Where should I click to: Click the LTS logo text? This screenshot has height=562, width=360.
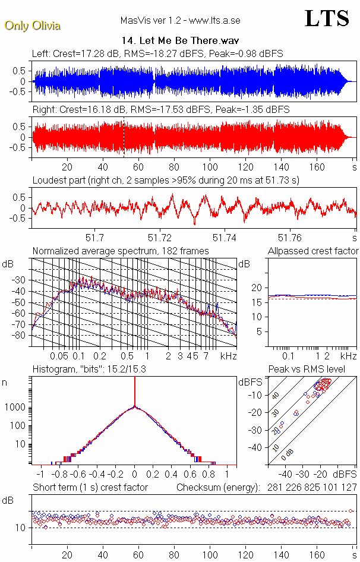click(327, 19)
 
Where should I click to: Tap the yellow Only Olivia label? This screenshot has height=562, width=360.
click(33, 26)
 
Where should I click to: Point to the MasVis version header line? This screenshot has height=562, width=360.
click(179, 21)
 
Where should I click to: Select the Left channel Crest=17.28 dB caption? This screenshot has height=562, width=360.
click(157, 53)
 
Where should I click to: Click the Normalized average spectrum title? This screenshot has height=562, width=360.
click(121, 251)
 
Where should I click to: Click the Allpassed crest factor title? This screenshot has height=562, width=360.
click(313, 251)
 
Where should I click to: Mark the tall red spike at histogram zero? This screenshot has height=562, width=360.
click(135, 392)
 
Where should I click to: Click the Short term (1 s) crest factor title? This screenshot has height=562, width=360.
click(90, 487)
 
